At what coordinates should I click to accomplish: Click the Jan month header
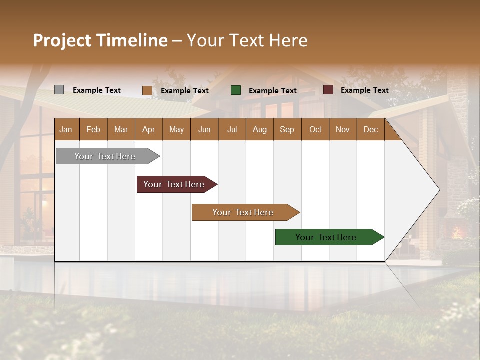(x=66, y=129)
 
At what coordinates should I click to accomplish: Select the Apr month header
(x=148, y=129)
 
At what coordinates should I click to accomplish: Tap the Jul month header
(x=232, y=129)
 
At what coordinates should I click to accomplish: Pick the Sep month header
(x=287, y=129)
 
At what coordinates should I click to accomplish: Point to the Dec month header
(x=370, y=129)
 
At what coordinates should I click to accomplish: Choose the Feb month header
(x=93, y=129)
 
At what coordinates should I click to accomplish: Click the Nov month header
(x=343, y=129)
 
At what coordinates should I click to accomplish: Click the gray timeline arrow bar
(x=105, y=156)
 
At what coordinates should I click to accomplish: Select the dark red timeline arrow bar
(x=174, y=184)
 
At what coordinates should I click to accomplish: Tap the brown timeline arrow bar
(x=243, y=212)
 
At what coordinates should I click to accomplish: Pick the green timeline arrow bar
(x=326, y=237)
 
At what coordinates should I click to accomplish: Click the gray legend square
(x=59, y=90)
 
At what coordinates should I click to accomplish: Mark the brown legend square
(x=147, y=90)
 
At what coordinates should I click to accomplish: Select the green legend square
(x=236, y=90)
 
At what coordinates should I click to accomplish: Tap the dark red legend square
(x=328, y=90)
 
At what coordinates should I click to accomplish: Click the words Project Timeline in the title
(x=100, y=40)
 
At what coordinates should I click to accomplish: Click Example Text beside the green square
(x=272, y=91)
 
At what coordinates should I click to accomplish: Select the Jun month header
(x=204, y=129)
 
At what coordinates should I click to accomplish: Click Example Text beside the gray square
(x=96, y=90)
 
